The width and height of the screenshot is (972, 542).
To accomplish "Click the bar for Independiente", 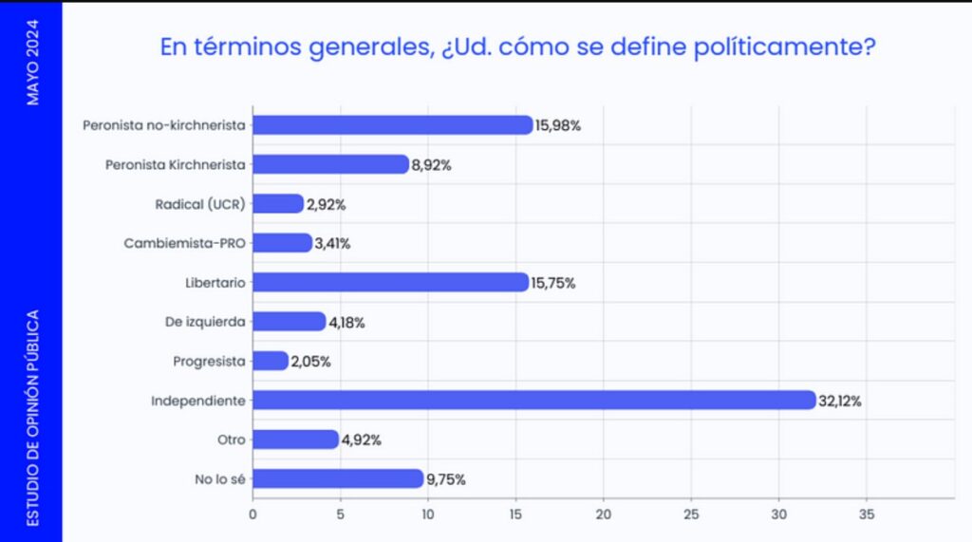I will tap(533, 401).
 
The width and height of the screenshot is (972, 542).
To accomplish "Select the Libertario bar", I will tap(390, 282).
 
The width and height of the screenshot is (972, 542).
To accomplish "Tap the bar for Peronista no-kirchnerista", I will tap(392, 124).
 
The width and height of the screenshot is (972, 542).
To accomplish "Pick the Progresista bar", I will tap(271, 361).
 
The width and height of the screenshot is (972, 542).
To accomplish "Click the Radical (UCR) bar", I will tap(277, 203).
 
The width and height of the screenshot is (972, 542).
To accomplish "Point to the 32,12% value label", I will tap(840, 401).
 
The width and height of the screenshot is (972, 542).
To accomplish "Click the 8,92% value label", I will tap(431, 164).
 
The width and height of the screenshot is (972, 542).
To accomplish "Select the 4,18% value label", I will tap(346, 322).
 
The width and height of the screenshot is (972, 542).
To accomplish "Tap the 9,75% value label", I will tap(446, 479).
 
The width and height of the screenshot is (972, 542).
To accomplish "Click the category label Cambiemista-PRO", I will tap(184, 243).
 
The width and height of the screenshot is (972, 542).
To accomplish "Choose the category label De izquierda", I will tap(205, 322).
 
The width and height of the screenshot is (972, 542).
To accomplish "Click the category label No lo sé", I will tap(220, 479).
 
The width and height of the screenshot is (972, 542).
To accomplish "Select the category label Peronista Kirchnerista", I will tap(175, 164).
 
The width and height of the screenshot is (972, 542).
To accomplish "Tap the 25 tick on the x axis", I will tap(691, 514).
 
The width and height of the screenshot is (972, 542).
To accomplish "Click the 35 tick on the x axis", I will tap(866, 514).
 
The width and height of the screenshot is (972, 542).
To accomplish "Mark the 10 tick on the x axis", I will tap(428, 514).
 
